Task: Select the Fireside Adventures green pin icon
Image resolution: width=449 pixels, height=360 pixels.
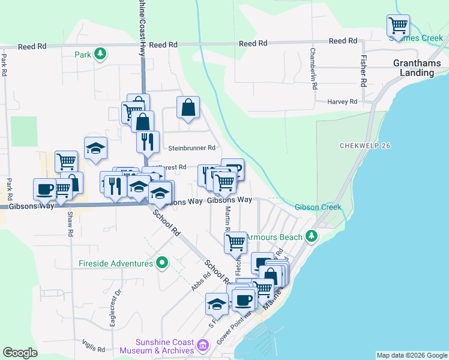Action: [x=161, y=263]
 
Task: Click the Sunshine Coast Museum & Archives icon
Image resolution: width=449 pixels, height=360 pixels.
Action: [x=203, y=346]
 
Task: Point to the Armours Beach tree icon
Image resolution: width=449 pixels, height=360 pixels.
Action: [x=311, y=236]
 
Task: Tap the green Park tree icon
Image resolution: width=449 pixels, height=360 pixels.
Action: [x=101, y=55]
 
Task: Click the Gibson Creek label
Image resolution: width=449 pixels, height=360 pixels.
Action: [x=318, y=207]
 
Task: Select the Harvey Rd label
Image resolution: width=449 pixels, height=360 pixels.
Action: [x=342, y=102]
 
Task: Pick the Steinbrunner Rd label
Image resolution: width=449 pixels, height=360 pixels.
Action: [x=191, y=148]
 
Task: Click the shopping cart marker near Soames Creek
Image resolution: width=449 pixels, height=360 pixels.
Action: [x=398, y=26]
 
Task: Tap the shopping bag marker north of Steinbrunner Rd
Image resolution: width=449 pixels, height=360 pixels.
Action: [x=188, y=108]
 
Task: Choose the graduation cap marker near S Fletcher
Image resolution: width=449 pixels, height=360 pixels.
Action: [x=217, y=304]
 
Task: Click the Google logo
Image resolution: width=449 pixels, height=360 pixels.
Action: [x=20, y=353]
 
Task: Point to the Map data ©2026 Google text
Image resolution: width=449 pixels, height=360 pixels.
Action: [x=412, y=355]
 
